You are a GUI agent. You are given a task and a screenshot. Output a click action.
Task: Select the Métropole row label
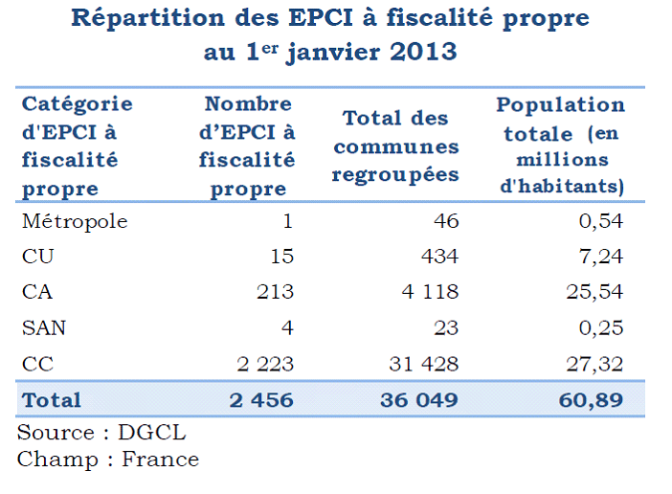(x=75, y=221)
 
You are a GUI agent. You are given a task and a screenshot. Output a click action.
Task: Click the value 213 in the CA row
(x=275, y=292)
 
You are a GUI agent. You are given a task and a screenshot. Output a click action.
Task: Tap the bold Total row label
(x=52, y=399)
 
